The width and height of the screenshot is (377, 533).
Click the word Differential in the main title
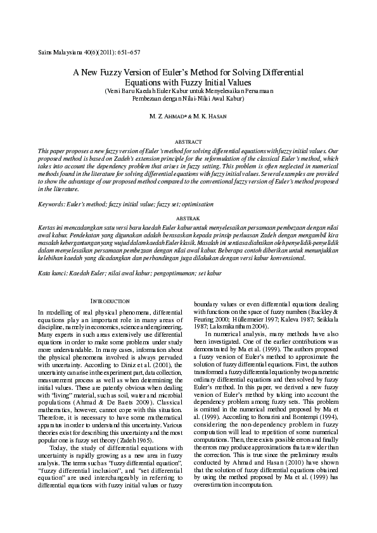point(279,73)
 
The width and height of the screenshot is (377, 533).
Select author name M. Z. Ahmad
point(167,117)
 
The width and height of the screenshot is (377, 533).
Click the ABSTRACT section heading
point(188,142)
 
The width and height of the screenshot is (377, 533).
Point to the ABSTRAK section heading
point(188,217)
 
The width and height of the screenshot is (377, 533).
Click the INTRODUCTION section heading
point(111,301)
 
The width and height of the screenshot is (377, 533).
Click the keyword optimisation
point(194,205)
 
